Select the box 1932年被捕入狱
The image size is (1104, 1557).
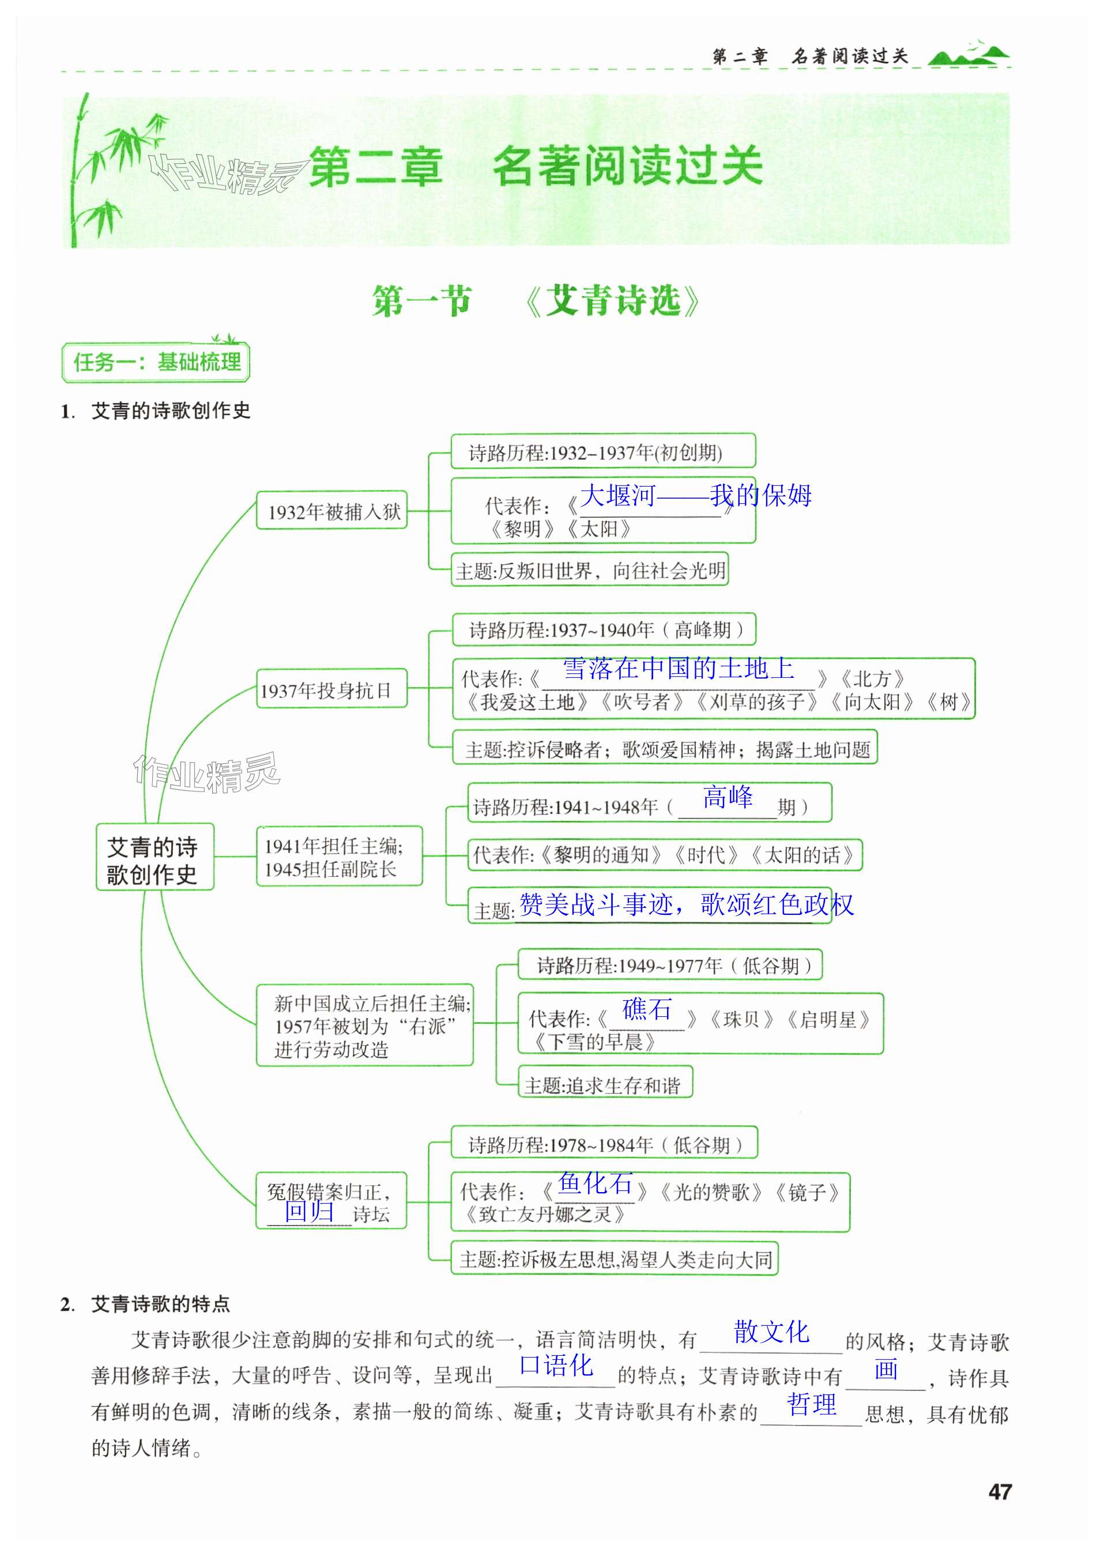[x=331, y=510]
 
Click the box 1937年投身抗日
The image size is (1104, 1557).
[x=331, y=689]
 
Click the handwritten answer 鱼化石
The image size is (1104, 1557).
[x=595, y=1183]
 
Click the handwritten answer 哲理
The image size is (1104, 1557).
[x=811, y=1404]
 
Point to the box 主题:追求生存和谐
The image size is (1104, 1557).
[x=604, y=1085]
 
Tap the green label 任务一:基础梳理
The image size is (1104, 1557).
[x=156, y=362]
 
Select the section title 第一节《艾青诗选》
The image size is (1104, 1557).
[x=536, y=300]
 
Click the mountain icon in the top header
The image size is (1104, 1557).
[x=968, y=54]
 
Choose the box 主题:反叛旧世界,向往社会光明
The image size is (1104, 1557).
[x=590, y=570]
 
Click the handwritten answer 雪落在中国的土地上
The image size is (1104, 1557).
[x=678, y=668]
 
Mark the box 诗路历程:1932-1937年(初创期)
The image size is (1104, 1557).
[x=602, y=452]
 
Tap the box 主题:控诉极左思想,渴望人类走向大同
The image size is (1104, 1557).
[x=615, y=1260]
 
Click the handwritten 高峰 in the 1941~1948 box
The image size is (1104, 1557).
[x=728, y=796]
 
